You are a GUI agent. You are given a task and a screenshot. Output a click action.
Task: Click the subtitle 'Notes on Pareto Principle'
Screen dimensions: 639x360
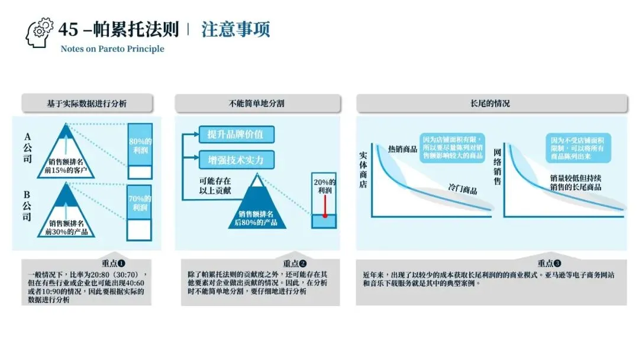pyautogui.click(x=112, y=49)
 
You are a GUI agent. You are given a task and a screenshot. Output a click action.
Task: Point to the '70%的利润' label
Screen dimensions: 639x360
pyautogui.click(x=140, y=203)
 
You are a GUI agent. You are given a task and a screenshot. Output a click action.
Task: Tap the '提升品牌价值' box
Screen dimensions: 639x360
pyautogui.click(x=235, y=135)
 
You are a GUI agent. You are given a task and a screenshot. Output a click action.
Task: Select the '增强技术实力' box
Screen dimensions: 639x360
pyautogui.click(x=235, y=160)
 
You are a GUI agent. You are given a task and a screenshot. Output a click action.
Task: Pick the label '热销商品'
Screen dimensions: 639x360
pyautogui.click(x=403, y=149)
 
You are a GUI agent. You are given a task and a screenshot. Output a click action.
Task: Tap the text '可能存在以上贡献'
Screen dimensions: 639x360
pyautogui.click(x=215, y=185)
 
